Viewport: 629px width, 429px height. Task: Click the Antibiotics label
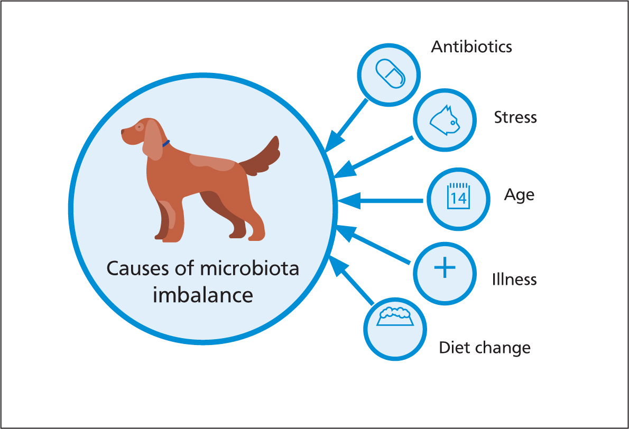471,47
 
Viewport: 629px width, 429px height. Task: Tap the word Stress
515,117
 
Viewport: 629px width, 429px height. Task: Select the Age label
519,195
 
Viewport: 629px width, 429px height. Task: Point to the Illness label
514,279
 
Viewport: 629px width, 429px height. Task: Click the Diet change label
485,348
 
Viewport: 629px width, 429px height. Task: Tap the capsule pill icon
390,74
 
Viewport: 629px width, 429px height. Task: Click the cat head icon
445,120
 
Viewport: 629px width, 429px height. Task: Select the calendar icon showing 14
458,196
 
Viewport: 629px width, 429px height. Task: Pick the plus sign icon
445,267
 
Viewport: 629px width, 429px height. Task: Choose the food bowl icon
395,316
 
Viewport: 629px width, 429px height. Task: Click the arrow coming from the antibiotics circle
346,126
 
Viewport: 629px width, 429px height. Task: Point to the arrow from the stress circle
374,157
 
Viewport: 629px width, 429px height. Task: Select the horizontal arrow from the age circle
380,200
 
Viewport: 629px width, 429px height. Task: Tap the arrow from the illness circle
373,245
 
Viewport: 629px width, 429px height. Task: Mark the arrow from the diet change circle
351,280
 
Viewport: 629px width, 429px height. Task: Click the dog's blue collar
166,143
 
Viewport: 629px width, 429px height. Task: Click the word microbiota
249,268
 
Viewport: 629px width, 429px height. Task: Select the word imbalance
203,295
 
